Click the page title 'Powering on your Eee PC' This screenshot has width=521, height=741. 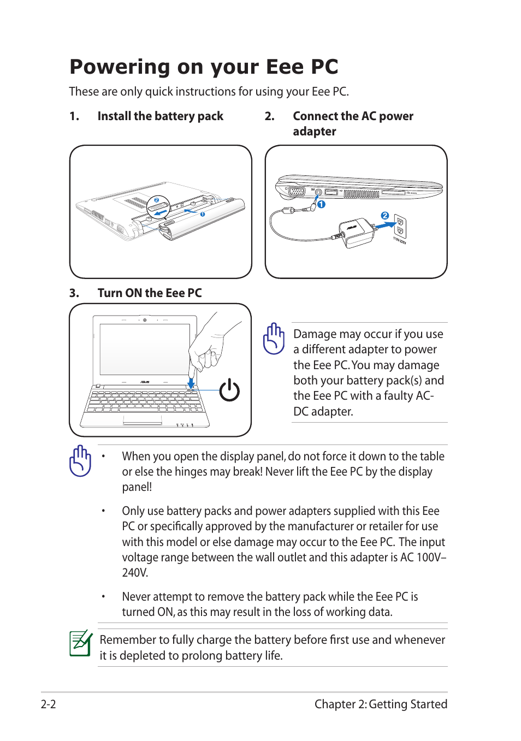(x=204, y=67)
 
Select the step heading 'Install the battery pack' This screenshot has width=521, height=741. (x=160, y=116)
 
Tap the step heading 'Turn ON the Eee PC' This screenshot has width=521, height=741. (x=149, y=293)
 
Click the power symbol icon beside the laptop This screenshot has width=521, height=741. (x=229, y=390)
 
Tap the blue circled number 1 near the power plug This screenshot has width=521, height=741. (x=322, y=204)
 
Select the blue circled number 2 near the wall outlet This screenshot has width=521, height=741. (x=385, y=216)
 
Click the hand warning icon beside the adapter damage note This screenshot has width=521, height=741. (x=274, y=339)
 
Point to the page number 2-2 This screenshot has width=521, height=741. (x=49, y=704)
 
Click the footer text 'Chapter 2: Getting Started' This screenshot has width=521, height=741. (x=381, y=704)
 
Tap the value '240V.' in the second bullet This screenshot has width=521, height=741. (x=135, y=573)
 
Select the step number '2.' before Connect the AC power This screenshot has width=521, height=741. (x=270, y=116)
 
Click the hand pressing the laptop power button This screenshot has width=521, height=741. (x=210, y=347)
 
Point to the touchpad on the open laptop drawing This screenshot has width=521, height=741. (x=143, y=420)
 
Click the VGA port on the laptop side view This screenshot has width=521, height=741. (x=297, y=192)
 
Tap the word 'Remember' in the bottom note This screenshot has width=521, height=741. (x=128, y=640)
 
